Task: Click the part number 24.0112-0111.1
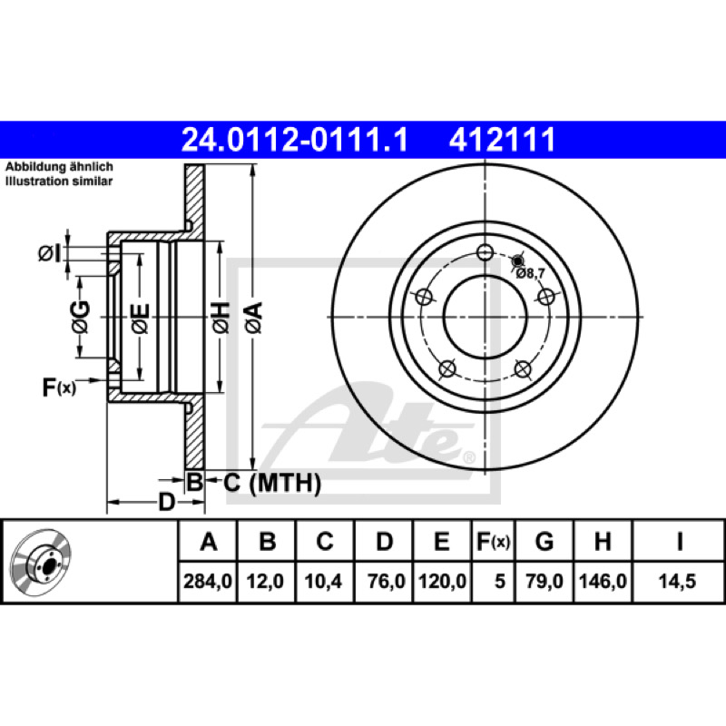tap(294, 140)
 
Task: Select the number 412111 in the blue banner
tap(503, 140)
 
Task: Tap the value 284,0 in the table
tap(208, 581)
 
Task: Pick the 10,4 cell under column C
tap(323, 581)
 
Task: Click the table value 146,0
tap(603, 581)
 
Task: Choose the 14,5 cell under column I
tap(677, 581)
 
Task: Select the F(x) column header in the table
tap(493, 541)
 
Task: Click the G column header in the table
tap(544, 541)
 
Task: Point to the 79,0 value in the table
tap(544, 581)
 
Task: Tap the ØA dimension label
tap(254, 318)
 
